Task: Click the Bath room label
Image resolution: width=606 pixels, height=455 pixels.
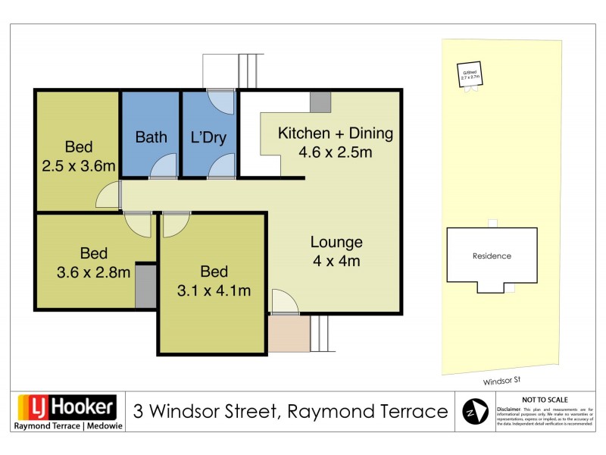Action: coord(151,137)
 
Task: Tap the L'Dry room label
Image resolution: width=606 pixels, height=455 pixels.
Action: coord(208,137)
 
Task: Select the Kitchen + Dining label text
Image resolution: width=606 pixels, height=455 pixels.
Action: coord(336,133)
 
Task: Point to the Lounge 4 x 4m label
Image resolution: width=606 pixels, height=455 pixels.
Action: coord(336,252)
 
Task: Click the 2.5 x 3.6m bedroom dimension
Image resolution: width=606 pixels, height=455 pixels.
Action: coord(79,165)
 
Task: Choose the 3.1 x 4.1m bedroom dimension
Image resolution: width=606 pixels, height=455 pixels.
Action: coord(213,290)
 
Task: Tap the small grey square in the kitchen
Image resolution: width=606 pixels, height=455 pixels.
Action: coord(320,102)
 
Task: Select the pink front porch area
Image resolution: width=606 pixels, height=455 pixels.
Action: coord(289,334)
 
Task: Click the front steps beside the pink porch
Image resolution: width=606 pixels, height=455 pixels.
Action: coord(320,334)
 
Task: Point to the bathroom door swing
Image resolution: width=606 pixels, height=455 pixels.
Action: coord(163,166)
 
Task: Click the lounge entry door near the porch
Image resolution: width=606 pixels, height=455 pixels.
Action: coord(284,303)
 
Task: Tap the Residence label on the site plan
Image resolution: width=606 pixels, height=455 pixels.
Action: coord(492,256)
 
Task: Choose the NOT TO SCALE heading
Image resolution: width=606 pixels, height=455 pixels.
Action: coord(545,400)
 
